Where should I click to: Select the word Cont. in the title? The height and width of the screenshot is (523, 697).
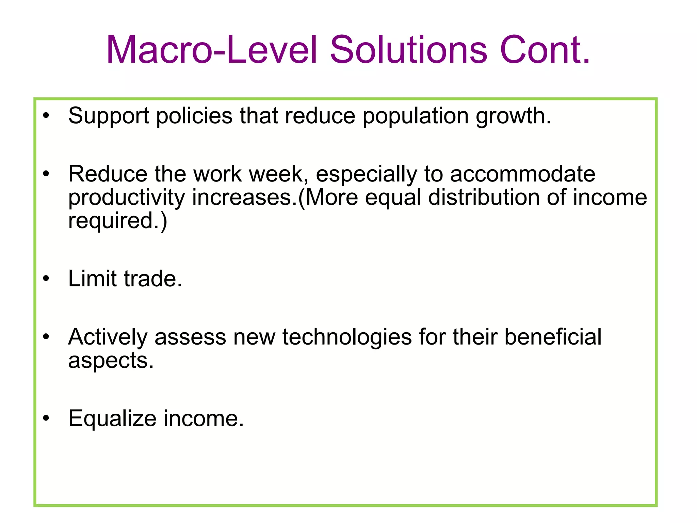coord(545,50)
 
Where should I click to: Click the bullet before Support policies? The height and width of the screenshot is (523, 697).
coord(46,116)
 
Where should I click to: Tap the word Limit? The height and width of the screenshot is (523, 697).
coord(92,279)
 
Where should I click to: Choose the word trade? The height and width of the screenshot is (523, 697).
coord(152,279)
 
